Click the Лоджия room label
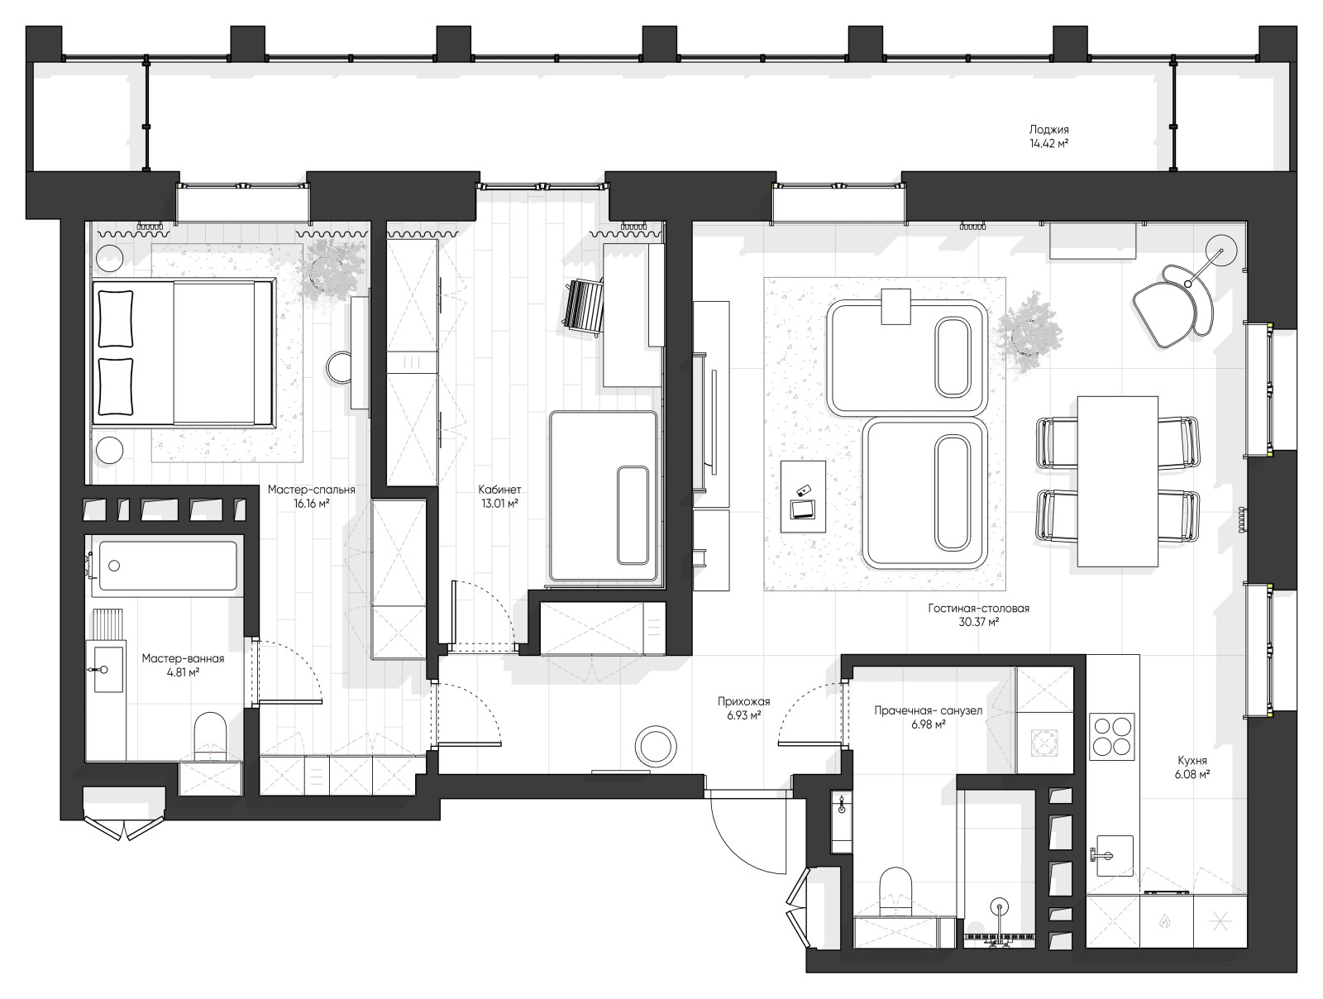coord(1048,130)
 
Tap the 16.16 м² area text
coord(311,504)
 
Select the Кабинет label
coord(499,490)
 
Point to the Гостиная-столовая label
coord(978,608)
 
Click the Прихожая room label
coord(743,701)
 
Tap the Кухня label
coord(1192,760)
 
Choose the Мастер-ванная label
coord(183,658)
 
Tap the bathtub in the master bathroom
coord(168,566)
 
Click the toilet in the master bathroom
coord(210,738)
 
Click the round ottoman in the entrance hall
coord(655,747)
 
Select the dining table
coord(1117,481)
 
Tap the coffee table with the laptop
coord(803,496)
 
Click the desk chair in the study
coord(584,305)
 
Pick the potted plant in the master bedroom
coord(332,270)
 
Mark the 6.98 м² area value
coord(929,724)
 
